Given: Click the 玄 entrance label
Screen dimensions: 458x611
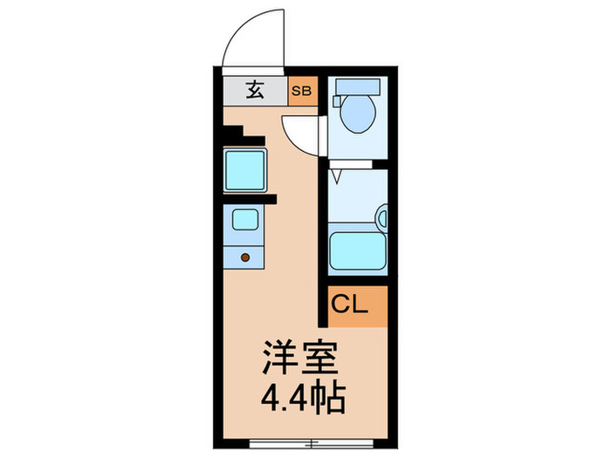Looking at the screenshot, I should coord(254,91).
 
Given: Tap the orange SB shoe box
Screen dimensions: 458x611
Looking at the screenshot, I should coord(303,91).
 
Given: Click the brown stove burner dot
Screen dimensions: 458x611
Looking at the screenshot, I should coord(245,257).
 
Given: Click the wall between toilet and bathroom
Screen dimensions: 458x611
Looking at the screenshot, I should coord(358,163).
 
